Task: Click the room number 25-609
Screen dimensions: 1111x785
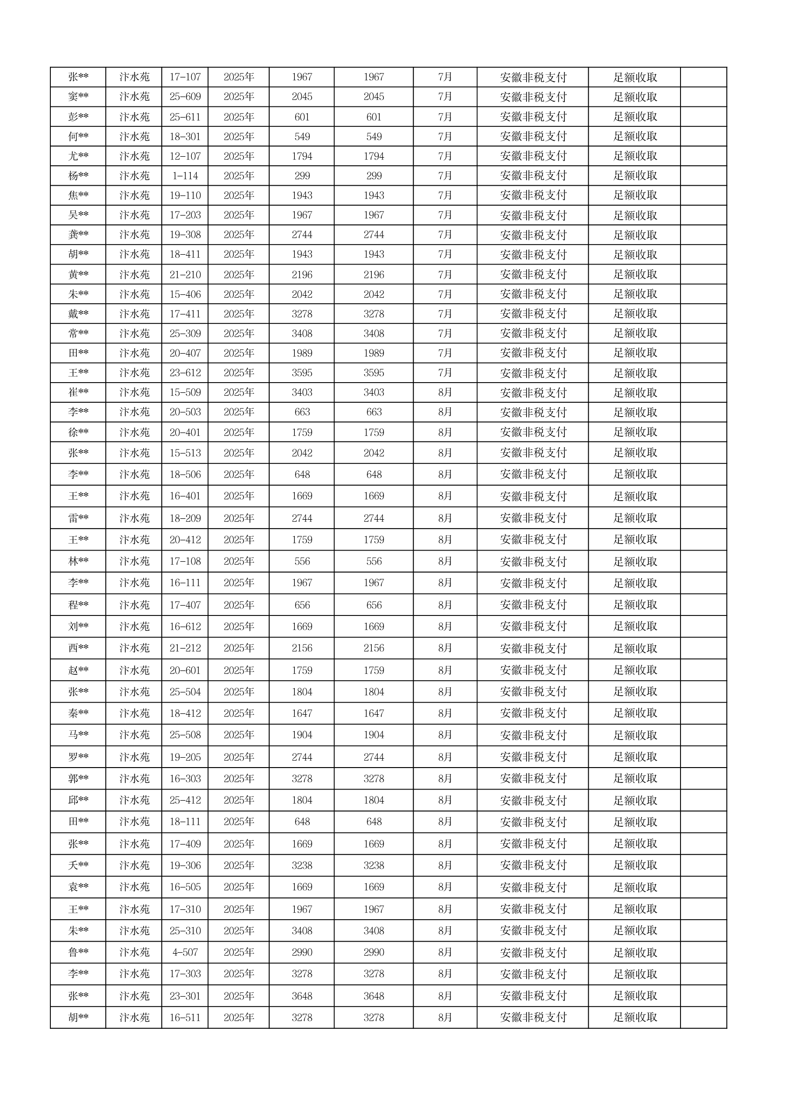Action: tap(185, 97)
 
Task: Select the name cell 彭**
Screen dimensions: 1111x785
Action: tap(78, 117)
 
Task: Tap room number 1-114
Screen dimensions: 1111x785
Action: tap(185, 175)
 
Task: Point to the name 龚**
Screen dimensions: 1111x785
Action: tap(78, 235)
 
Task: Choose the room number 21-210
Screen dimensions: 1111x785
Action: tap(185, 274)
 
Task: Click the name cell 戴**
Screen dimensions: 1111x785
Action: tap(78, 314)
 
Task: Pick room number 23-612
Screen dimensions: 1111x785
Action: tap(185, 373)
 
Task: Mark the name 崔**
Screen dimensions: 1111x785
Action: tap(78, 392)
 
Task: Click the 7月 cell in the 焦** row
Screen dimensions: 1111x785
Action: tap(445, 196)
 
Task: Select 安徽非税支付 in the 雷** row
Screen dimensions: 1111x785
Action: tap(533, 518)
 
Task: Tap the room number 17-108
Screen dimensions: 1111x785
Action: tap(185, 561)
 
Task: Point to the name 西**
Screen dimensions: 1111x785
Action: tap(78, 648)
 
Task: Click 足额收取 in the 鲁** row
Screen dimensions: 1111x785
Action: tap(635, 952)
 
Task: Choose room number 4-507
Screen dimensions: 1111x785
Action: tap(185, 952)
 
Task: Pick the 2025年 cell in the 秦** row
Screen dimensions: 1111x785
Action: tap(238, 713)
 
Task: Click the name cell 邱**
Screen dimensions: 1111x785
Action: tap(78, 800)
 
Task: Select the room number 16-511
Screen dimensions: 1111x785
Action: tap(185, 1017)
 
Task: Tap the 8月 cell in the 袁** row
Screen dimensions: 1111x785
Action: tap(445, 887)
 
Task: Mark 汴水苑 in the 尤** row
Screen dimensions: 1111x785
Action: tap(134, 156)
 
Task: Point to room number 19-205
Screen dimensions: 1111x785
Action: tap(185, 757)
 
